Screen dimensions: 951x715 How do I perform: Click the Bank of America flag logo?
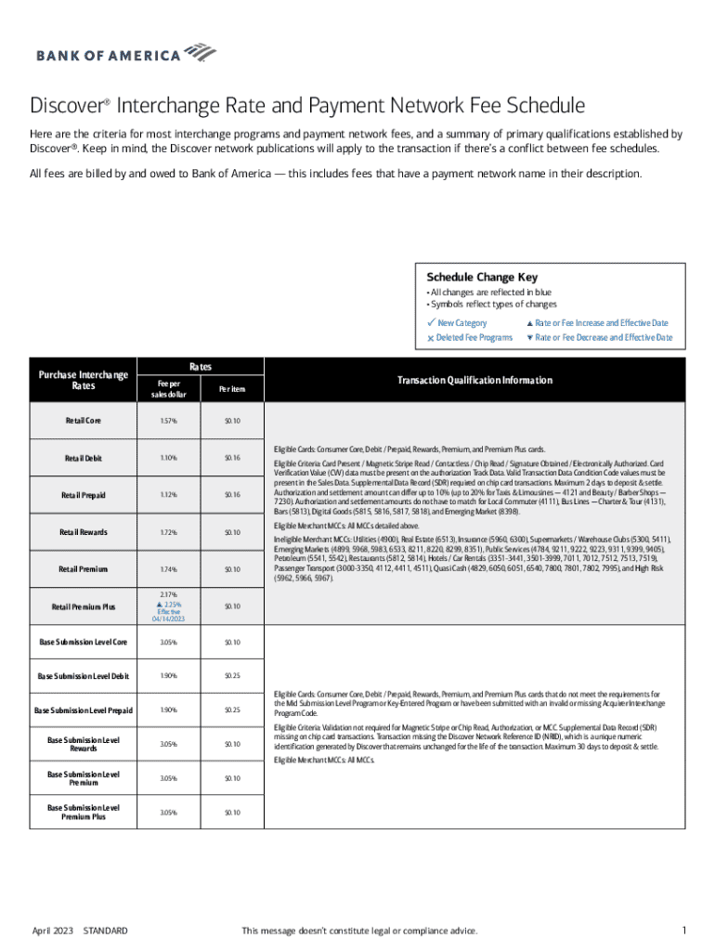(201, 51)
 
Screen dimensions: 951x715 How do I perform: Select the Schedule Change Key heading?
(481, 277)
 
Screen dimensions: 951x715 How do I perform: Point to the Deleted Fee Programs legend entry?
(474, 337)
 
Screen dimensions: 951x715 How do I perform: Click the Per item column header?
(232, 389)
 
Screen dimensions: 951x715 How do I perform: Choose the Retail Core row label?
(83, 421)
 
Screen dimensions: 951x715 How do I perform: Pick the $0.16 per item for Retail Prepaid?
(232, 495)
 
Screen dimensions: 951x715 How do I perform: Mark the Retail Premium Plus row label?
(83, 606)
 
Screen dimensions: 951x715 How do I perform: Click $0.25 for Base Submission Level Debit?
(232, 676)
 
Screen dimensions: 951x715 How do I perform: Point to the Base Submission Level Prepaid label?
(83, 710)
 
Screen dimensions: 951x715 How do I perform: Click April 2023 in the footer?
(52, 931)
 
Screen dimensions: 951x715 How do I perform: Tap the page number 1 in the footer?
(682, 931)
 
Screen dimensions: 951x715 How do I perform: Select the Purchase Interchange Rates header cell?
(83, 380)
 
